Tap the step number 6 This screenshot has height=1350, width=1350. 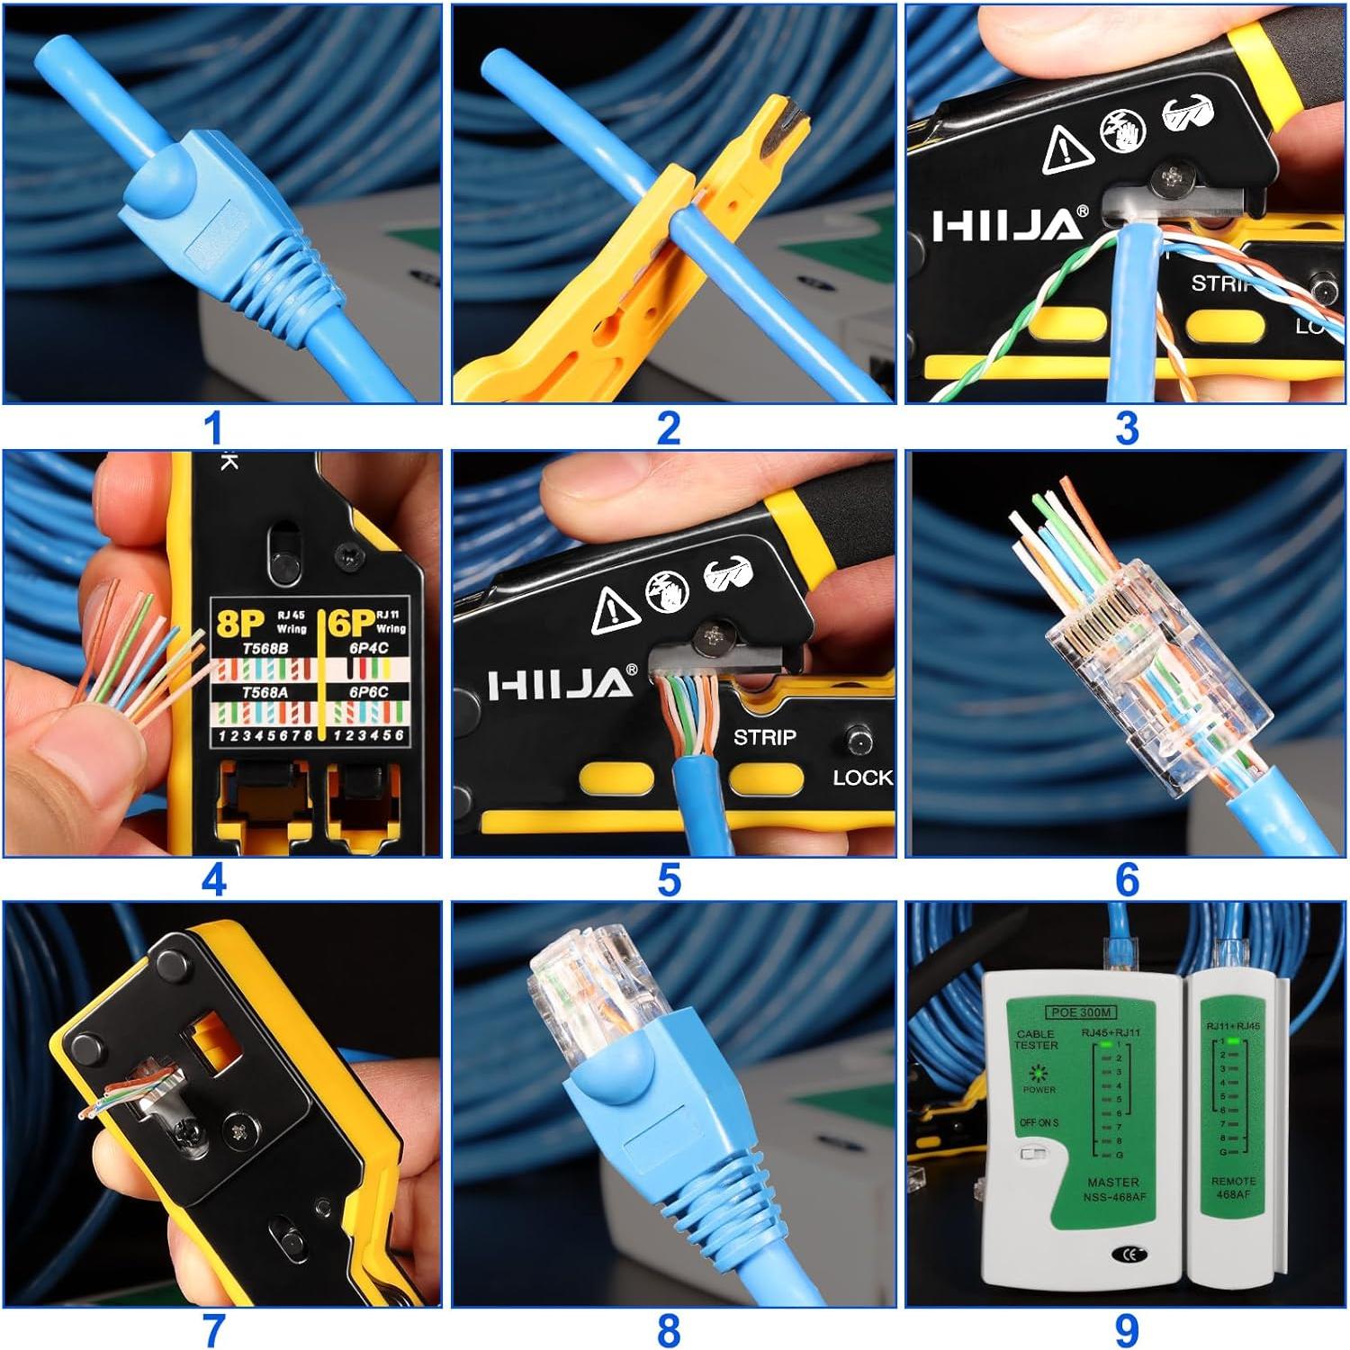click(x=1126, y=879)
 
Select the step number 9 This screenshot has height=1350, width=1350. click(x=1126, y=1330)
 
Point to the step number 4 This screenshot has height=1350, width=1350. click(x=213, y=879)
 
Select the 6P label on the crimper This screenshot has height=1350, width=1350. click(x=350, y=622)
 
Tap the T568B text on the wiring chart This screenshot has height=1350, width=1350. click(x=264, y=648)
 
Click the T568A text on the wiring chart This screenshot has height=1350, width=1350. click(x=264, y=692)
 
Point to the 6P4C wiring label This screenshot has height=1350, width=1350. click(x=369, y=648)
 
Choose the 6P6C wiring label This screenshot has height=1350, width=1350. click(x=369, y=692)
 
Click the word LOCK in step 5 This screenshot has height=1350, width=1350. click(x=862, y=778)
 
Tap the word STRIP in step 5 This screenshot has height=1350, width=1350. click(x=764, y=738)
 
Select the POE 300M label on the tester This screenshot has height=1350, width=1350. click(x=1082, y=1012)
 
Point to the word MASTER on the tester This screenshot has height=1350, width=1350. click(x=1112, y=1182)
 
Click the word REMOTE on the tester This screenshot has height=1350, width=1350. click(x=1233, y=1181)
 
